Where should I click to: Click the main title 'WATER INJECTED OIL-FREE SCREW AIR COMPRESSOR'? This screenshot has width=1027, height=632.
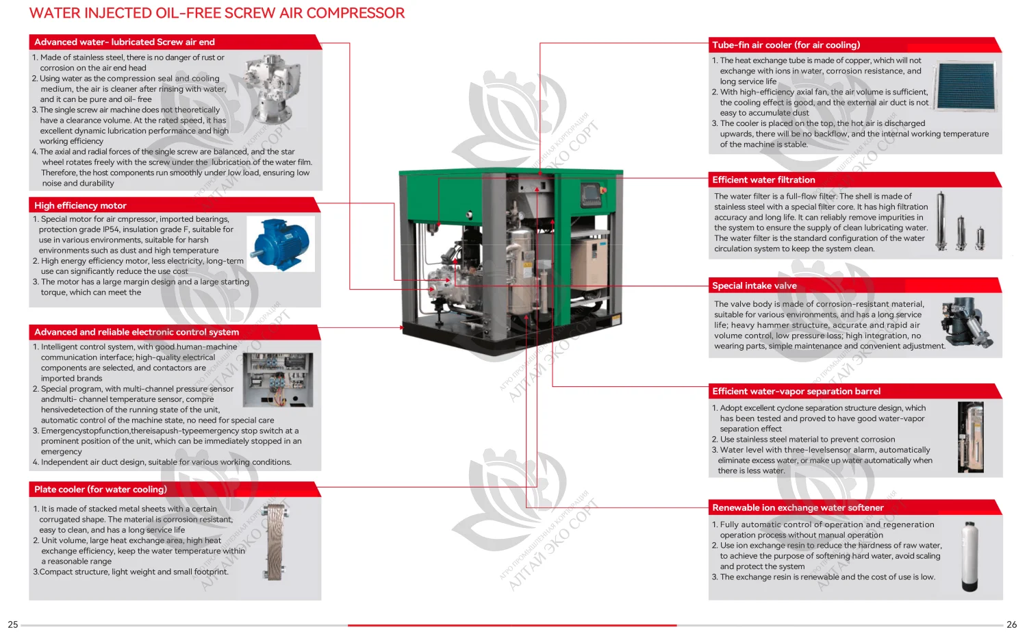click(217, 13)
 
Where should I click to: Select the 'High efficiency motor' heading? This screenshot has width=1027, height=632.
click(80, 205)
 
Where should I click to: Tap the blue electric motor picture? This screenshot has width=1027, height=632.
click(281, 244)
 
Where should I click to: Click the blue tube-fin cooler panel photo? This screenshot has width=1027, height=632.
click(966, 86)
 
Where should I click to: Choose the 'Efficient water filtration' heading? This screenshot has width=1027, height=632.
click(763, 180)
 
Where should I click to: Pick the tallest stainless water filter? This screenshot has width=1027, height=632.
click(941, 220)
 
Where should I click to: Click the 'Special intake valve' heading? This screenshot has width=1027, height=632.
click(754, 286)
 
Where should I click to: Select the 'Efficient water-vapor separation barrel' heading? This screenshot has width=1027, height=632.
click(796, 392)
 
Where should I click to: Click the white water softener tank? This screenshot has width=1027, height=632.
click(969, 556)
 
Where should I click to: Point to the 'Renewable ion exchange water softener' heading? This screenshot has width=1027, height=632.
click(798, 508)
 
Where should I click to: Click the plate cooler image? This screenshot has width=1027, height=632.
click(276, 542)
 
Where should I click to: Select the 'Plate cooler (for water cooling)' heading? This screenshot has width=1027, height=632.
click(101, 490)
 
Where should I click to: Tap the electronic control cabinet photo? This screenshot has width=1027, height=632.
click(278, 380)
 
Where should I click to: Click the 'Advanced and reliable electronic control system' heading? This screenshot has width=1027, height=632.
click(136, 332)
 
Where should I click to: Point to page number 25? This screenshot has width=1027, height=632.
click(12, 624)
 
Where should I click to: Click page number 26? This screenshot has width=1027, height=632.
click(1011, 624)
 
